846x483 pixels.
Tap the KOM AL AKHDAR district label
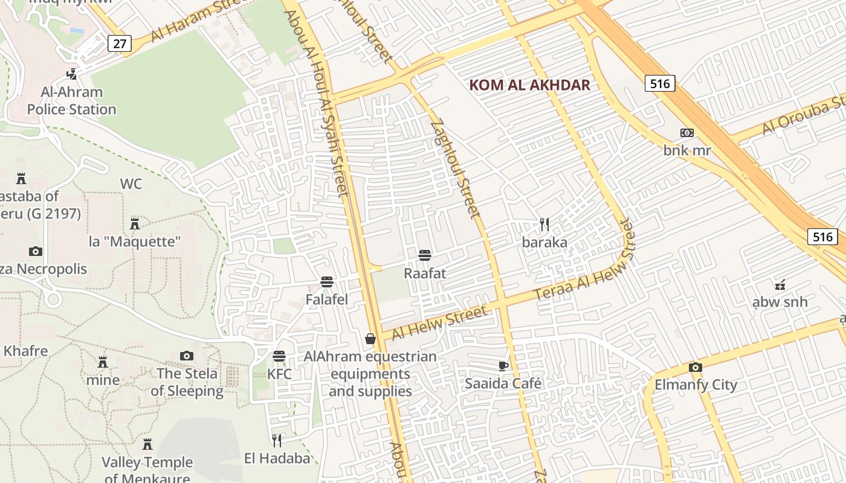529,85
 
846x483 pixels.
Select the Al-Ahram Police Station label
72,101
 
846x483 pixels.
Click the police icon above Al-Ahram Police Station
72,74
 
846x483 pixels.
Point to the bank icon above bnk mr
687,133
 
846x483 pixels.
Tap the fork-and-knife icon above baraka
544,225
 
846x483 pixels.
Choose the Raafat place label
425,273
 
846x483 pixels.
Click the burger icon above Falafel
327,281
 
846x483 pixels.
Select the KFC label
279,374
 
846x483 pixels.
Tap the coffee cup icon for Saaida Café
503,365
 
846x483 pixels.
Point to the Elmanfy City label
696,385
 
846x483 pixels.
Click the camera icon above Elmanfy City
696,367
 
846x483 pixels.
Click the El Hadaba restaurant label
277,458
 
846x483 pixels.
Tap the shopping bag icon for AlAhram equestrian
370,339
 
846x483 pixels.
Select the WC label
131,184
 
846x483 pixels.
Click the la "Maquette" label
135,241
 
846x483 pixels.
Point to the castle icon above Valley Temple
147,444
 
